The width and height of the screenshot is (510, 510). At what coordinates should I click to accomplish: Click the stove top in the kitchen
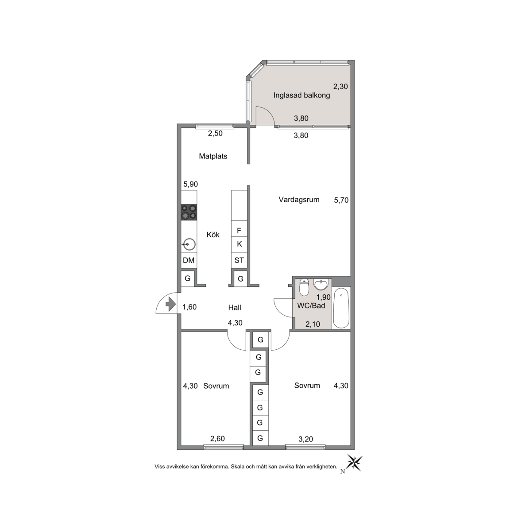pyautogui.click(x=189, y=212)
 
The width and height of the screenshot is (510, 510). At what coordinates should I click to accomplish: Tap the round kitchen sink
pyautogui.click(x=189, y=244)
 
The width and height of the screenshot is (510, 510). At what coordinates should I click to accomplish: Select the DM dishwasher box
pyautogui.click(x=189, y=260)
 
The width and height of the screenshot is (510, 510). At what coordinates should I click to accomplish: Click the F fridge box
pyautogui.click(x=239, y=231)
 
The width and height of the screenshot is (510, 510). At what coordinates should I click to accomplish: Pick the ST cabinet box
pyautogui.click(x=239, y=260)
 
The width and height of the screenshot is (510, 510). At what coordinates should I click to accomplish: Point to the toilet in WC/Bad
pyautogui.click(x=304, y=287)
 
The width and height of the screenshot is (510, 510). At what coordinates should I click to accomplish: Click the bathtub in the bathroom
pyautogui.click(x=341, y=308)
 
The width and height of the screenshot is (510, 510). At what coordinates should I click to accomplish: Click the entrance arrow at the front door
pyautogui.click(x=170, y=305)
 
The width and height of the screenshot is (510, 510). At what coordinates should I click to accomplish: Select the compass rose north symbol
pyautogui.click(x=354, y=463)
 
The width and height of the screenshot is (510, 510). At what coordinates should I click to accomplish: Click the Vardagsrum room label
pyautogui.click(x=299, y=200)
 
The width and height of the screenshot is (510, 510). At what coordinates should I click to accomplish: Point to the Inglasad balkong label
pyautogui.click(x=301, y=95)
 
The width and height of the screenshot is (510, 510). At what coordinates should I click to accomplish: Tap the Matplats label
pyautogui.click(x=213, y=156)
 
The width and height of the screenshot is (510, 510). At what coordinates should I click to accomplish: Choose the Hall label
pyautogui.click(x=235, y=307)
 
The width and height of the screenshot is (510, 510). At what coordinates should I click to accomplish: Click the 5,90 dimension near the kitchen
pyautogui.click(x=191, y=184)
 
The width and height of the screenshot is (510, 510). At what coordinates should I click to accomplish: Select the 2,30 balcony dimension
pyautogui.click(x=340, y=86)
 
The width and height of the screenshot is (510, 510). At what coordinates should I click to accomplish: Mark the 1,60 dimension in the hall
pyautogui.click(x=189, y=307)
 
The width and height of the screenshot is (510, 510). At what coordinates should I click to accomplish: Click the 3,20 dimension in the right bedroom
pyautogui.click(x=306, y=439)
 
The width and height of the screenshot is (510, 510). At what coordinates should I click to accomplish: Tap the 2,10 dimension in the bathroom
pyautogui.click(x=313, y=324)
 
